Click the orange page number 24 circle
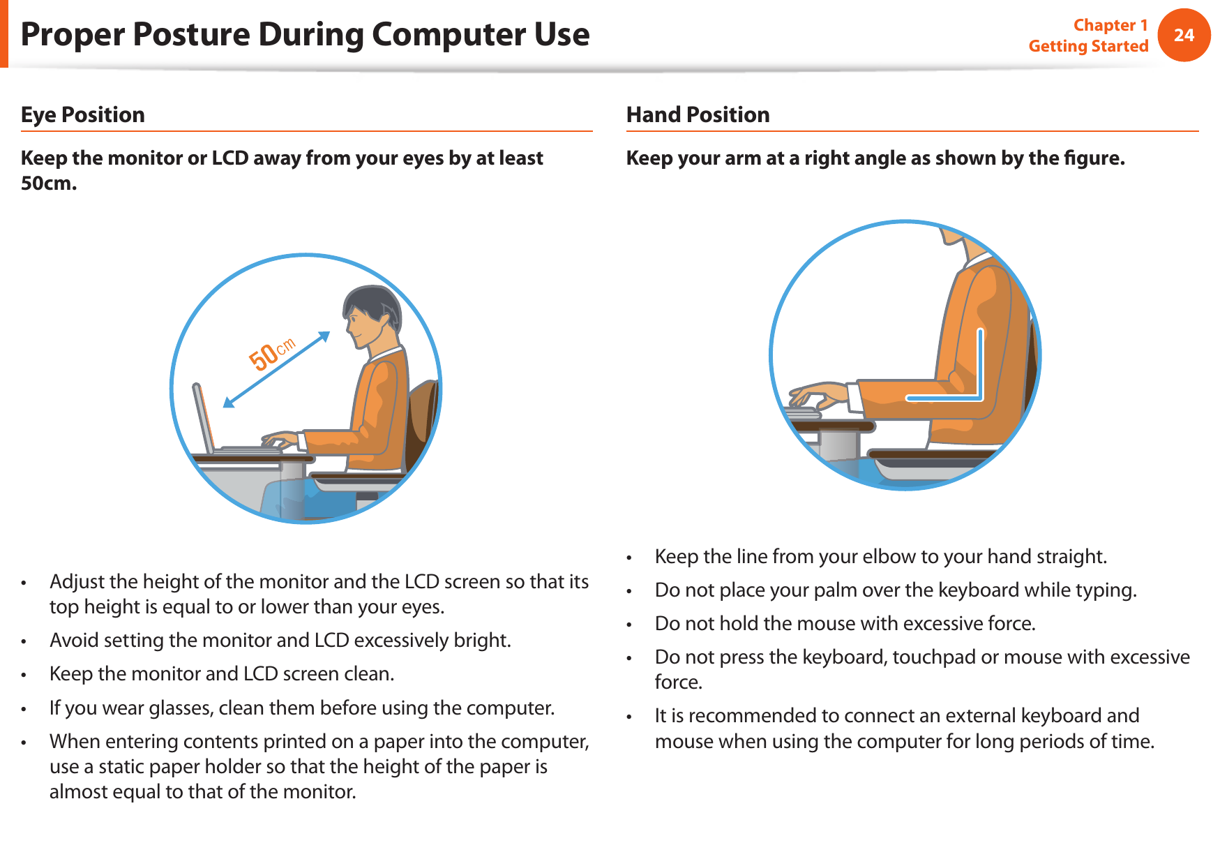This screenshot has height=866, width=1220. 1184,35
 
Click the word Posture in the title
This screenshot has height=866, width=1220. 190,35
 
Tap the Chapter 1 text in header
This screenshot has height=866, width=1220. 1110,25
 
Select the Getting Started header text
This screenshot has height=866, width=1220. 1087,46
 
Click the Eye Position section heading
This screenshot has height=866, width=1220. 83,114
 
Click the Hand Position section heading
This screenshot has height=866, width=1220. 698,114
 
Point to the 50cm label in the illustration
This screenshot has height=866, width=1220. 272,354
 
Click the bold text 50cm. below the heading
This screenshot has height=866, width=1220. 49,184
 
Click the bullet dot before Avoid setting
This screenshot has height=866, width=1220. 24,641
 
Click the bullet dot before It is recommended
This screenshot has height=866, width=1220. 629,717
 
